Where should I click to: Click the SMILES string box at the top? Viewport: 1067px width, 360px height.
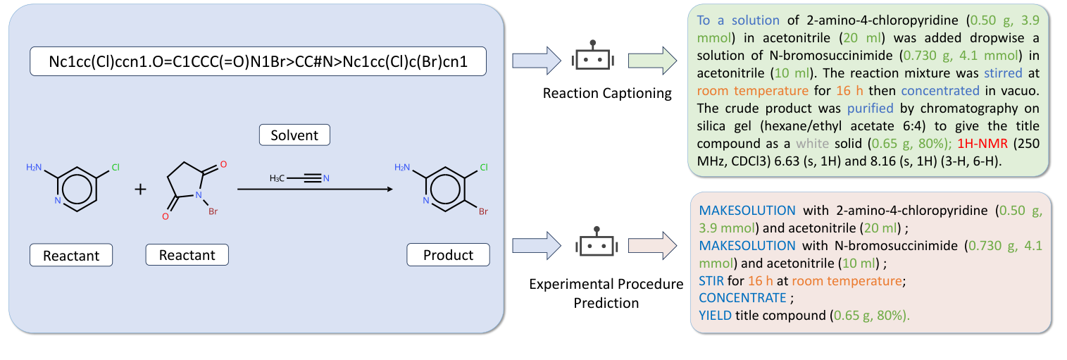[258, 62]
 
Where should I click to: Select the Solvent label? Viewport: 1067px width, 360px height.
[294, 135]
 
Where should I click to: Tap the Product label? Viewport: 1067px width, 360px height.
[448, 254]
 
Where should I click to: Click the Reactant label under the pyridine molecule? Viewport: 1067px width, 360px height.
[71, 254]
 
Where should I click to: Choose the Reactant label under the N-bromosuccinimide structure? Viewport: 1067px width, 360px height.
[187, 254]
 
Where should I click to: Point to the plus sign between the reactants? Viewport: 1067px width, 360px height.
[141, 189]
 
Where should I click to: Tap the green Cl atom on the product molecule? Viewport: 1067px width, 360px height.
[483, 168]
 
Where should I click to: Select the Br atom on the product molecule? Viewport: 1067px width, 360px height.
[483, 211]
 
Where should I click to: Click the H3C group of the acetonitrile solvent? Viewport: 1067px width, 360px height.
[277, 178]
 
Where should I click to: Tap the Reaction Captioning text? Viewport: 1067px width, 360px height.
[606, 94]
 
